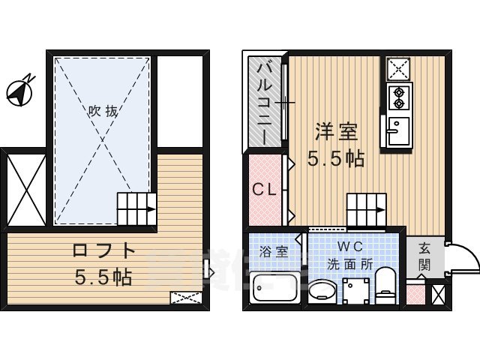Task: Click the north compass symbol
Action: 19,90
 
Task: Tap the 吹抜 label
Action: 103,111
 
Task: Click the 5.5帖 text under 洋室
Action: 335,159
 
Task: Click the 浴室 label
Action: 273,252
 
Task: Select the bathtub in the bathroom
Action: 273,288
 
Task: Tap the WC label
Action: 350,247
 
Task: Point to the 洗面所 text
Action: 350,264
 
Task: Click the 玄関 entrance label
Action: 424,256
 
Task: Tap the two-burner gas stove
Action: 397,96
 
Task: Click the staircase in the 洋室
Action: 366,207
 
